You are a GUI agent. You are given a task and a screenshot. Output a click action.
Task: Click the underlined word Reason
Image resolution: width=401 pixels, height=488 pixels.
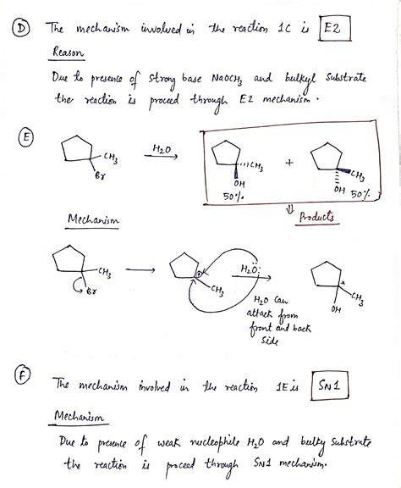coord(69,53)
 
